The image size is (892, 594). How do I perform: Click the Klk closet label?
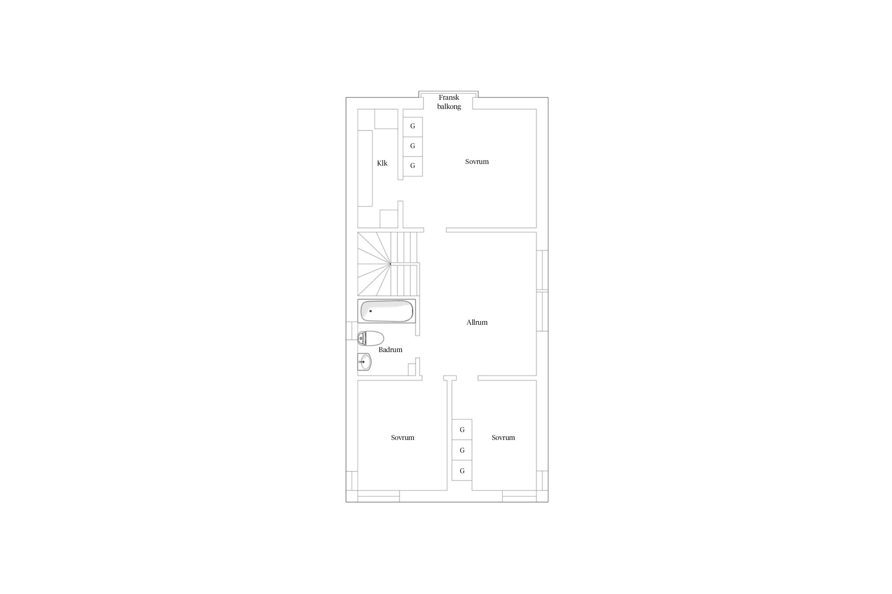point(382,163)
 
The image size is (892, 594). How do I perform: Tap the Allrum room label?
point(477,322)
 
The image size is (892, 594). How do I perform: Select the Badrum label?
point(390,350)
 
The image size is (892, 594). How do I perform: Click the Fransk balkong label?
point(449,102)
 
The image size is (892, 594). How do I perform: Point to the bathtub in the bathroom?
point(387,311)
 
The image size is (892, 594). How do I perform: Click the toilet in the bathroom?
point(371,339)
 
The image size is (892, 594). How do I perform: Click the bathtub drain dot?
point(371,311)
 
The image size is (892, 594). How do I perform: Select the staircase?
point(388,264)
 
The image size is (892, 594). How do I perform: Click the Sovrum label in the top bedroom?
point(477,162)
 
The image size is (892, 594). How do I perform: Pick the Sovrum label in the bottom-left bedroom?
point(402,438)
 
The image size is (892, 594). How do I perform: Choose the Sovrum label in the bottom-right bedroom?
point(503,438)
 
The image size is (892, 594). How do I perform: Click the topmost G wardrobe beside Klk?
point(413,127)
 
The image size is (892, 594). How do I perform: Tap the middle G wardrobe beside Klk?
point(413,146)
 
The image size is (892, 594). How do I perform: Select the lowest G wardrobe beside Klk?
point(413,166)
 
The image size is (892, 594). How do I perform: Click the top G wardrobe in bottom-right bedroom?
point(462,430)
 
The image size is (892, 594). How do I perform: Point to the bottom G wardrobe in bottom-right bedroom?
point(462,471)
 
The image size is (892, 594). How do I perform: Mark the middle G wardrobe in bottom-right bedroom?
point(462,450)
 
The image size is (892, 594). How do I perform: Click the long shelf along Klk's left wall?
point(365,168)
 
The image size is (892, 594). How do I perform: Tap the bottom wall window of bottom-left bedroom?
point(379,496)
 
